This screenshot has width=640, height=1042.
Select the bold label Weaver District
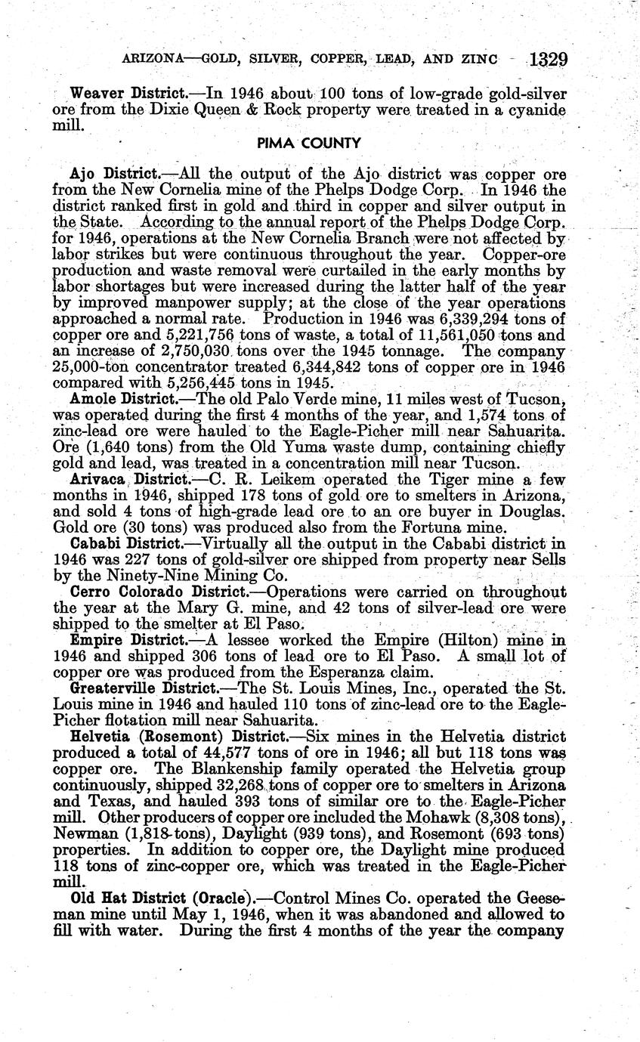pos(128,94)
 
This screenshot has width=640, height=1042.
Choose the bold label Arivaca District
pos(129,480)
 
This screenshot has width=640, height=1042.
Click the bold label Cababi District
pos(125,543)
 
